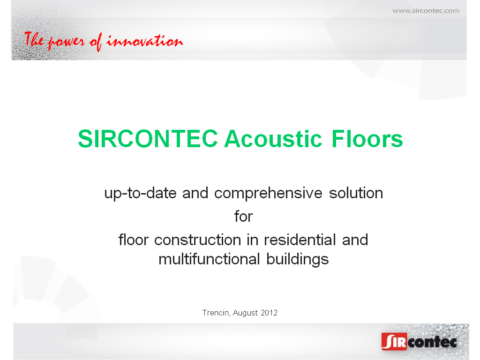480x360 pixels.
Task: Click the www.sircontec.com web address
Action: (426, 11)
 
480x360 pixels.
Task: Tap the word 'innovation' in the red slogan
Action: (145, 41)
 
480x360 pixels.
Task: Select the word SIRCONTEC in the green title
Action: (148, 139)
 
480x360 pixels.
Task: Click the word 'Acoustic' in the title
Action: (273, 139)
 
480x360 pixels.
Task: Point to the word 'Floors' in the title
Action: (367, 139)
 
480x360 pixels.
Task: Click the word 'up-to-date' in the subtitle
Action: (141, 194)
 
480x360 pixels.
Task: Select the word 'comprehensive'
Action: (268, 194)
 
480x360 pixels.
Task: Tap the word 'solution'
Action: (356, 193)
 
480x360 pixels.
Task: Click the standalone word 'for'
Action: (243, 216)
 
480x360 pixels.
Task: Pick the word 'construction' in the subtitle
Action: (198, 240)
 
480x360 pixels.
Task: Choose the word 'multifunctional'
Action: (209, 259)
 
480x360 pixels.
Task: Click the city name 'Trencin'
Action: (216, 313)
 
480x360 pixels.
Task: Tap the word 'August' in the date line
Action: (245, 313)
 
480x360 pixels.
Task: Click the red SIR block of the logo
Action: (394, 341)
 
